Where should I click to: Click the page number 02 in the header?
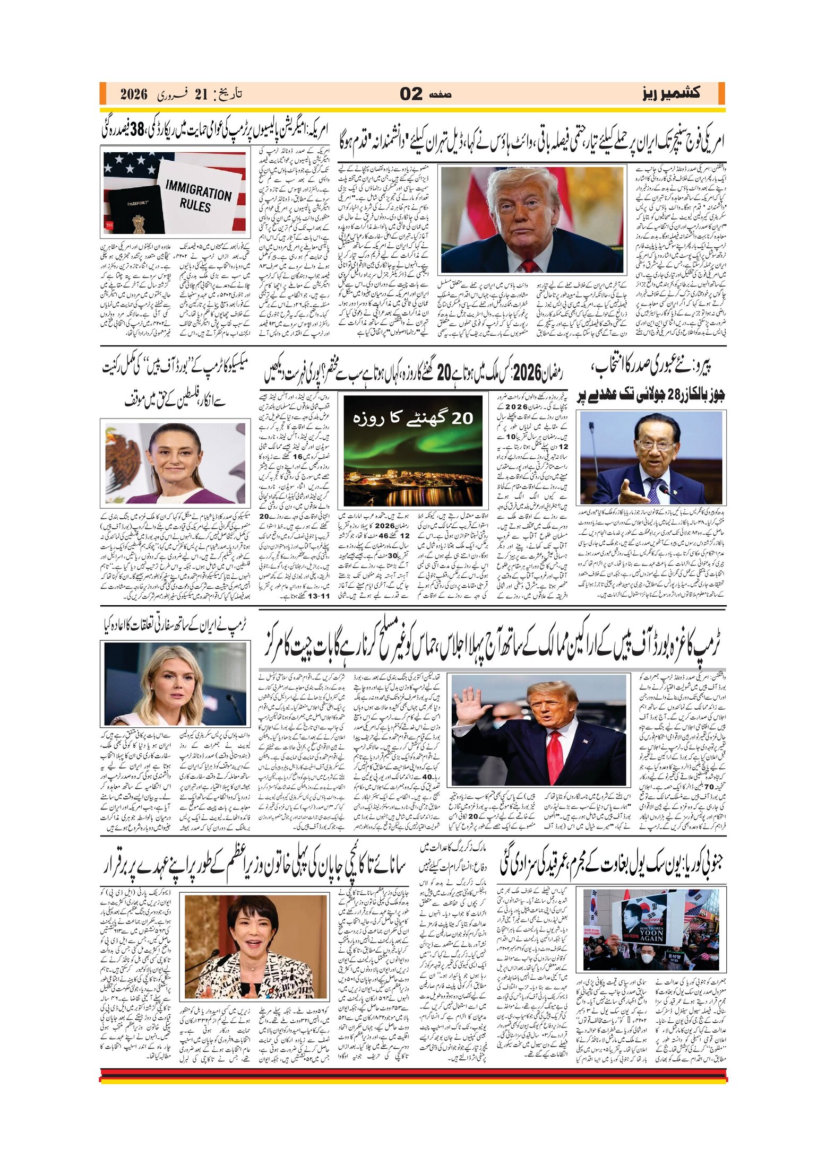click(x=411, y=94)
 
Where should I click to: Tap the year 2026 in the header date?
click(x=133, y=94)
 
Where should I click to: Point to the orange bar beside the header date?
click(x=102, y=93)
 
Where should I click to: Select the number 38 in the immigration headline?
click(x=137, y=129)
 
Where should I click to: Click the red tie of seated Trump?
click(x=529, y=266)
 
